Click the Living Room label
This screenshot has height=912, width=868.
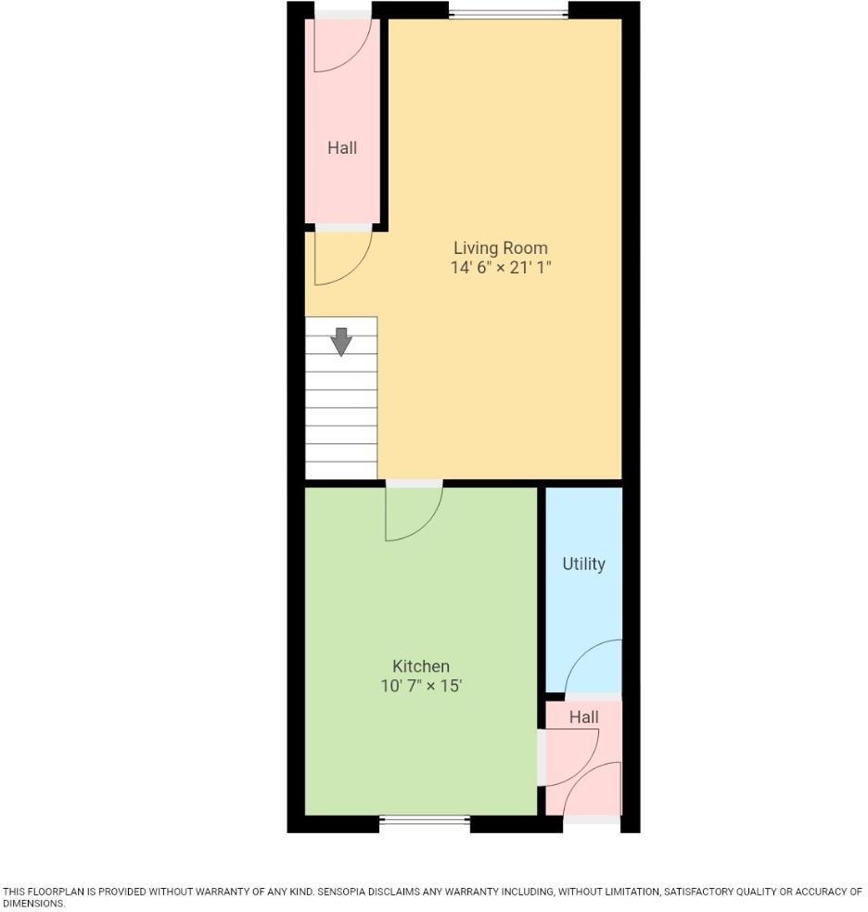500,248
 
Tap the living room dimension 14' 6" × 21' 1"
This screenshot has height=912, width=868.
500,268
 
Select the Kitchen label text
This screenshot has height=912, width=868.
421,666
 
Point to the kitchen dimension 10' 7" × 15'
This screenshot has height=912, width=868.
421,686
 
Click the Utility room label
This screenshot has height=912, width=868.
583,564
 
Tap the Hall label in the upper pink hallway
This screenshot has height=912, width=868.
342,147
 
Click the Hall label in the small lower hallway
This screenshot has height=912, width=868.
583,716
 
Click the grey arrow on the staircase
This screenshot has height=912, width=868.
341,341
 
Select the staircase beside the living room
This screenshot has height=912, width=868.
341,408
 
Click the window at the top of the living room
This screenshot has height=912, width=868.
508,13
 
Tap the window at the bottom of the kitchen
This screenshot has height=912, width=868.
425,819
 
